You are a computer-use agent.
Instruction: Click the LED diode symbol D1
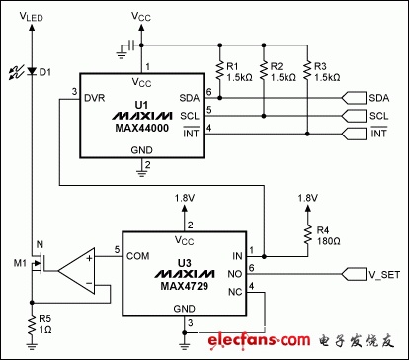tap(32, 71)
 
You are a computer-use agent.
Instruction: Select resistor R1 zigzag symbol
tap(219, 71)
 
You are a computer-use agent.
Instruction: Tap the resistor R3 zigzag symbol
tap(307, 71)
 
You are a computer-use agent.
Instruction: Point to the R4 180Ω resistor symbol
tap(308, 235)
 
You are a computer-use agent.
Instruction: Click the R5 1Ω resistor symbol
tap(32, 325)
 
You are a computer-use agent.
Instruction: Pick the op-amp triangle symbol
tap(76, 271)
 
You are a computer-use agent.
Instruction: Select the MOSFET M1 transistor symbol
tap(37, 263)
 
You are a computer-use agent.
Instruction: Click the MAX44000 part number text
tap(141, 128)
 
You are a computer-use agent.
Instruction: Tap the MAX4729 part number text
tap(185, 286)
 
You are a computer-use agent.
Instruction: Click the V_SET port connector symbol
tap(354, 274)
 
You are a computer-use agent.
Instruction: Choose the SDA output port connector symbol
tap(354, 98)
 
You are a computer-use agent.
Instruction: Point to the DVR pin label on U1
tap(94, 98)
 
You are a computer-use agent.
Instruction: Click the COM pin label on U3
tap(138, 256)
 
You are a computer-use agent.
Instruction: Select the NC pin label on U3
tap(235, 292)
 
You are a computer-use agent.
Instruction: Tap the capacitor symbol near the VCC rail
tap(131, 45)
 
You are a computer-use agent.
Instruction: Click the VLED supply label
tap(32, 16)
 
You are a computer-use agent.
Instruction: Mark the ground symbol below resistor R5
tap(32, 346)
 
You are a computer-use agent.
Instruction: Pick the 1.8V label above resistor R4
tap(308, 198)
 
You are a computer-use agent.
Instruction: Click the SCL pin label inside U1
tap(190, 116)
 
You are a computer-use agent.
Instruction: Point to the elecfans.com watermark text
tap(259, 340)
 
